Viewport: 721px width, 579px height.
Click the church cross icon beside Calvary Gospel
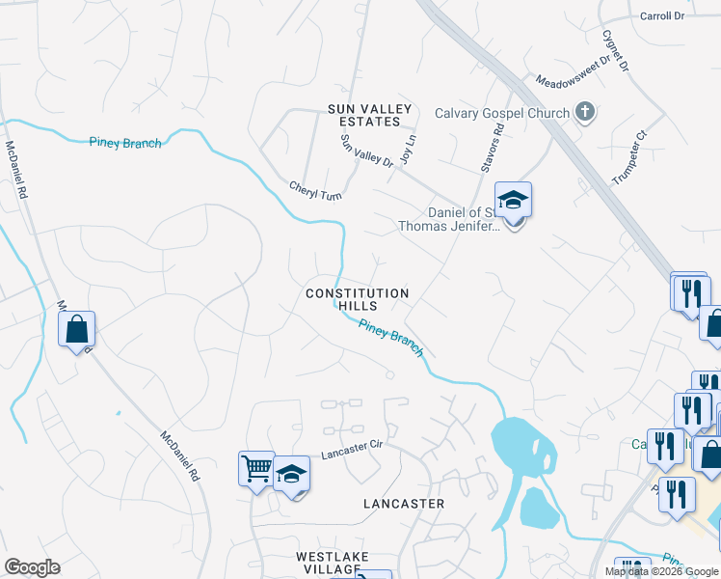coord(584,113)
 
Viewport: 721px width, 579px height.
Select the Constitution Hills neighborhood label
coord(357,299)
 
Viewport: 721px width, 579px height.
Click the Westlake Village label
coord(328,564)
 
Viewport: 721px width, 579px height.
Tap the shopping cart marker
coord(256,470)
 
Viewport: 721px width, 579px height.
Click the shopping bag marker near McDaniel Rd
coord(77,330)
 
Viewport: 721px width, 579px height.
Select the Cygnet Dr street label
coord(616,52)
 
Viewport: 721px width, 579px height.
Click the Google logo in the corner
coord(32,567)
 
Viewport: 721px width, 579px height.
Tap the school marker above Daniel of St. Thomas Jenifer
coord(514,201)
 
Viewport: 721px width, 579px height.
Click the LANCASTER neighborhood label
coord(404,504)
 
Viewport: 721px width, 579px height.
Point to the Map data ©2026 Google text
coord(660,571)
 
